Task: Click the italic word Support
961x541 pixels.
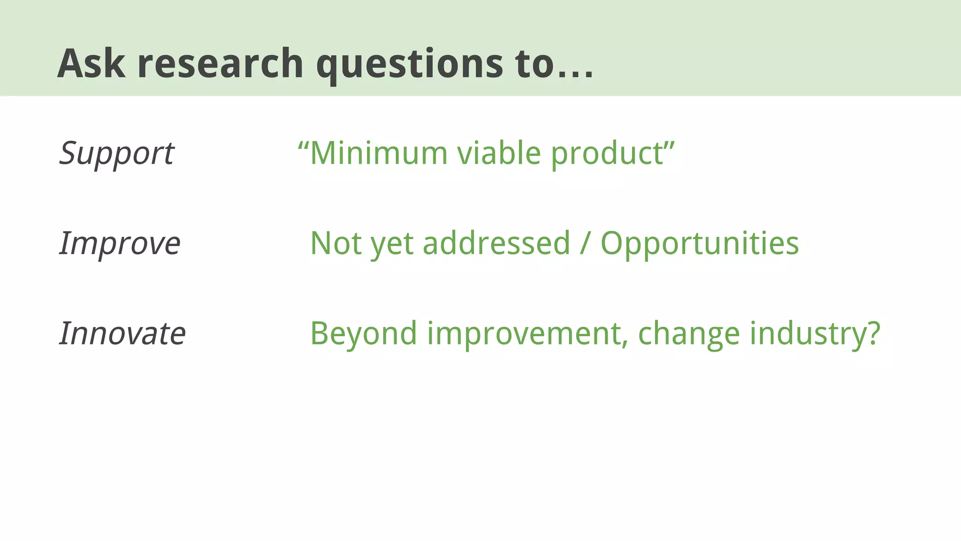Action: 117,154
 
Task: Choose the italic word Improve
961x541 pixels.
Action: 120,244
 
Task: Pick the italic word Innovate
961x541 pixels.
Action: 122,333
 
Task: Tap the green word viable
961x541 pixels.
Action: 499,153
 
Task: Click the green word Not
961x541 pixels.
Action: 336,243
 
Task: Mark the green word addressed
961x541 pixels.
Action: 496,243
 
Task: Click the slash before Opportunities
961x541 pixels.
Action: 585,243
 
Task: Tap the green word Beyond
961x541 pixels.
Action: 364,333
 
